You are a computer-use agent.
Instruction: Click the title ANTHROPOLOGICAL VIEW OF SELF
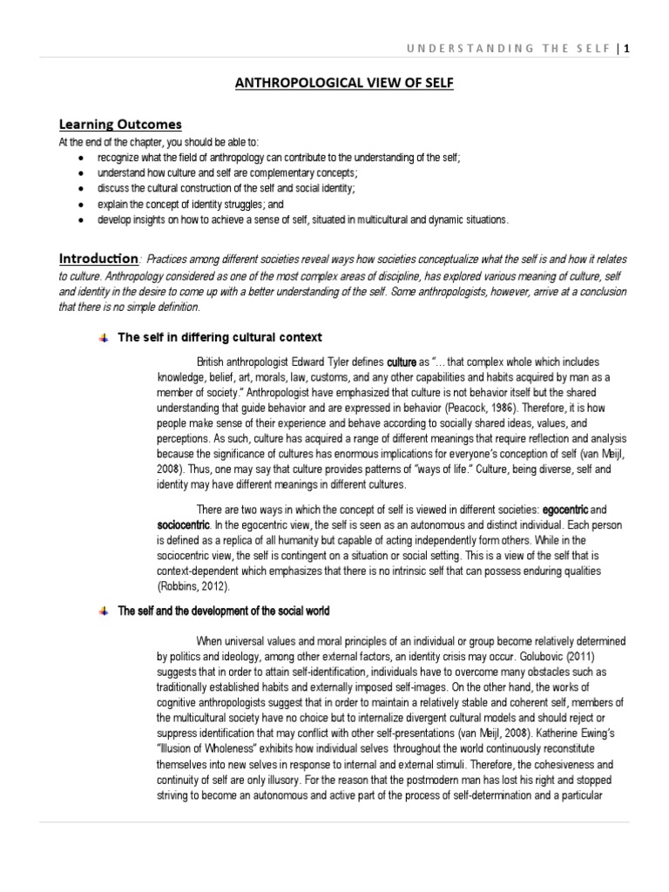(x=334, y=83)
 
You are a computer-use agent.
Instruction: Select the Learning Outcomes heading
(x=119, y=125)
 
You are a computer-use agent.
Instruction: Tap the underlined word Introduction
(x=98, y=259)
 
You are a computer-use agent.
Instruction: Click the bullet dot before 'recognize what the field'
(x=81, y=158)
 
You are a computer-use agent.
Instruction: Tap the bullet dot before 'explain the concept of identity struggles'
(x=81, y=204)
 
